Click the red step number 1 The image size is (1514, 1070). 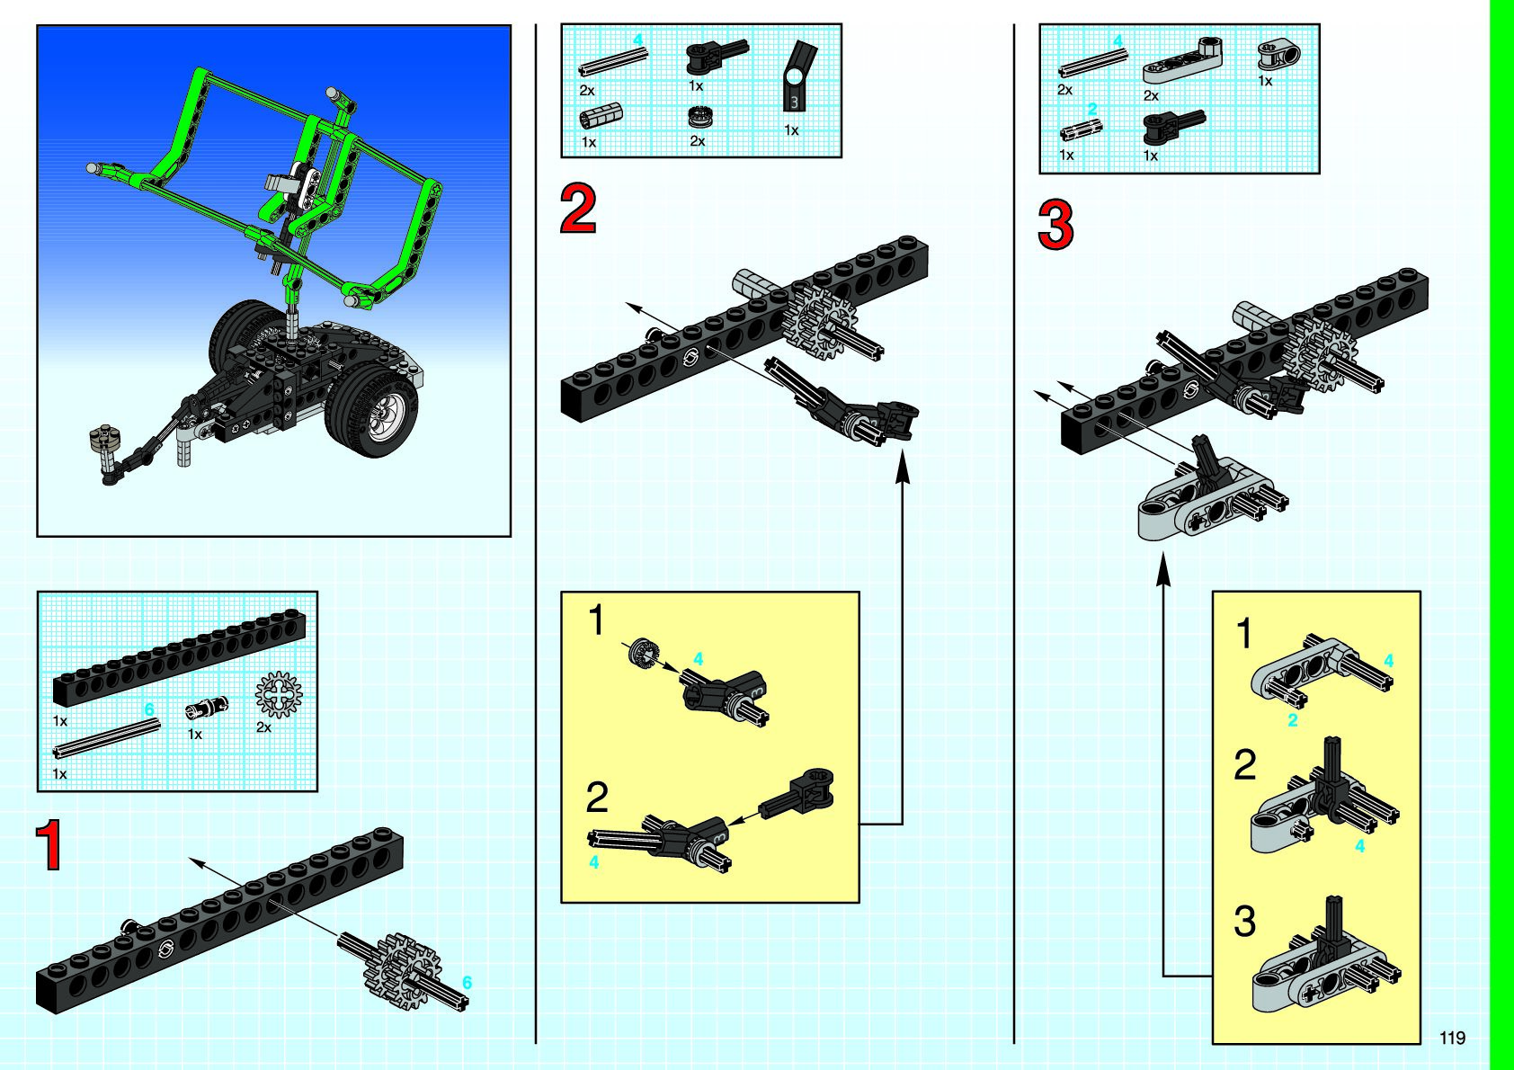pos(49,845)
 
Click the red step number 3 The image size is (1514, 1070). pos(1055,225)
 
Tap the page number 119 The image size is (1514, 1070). pos(1452,1038)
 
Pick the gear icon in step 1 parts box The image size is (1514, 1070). pos(279,695)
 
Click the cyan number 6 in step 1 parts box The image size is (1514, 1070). pos(149,709)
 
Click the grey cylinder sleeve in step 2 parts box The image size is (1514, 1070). pos(601,116)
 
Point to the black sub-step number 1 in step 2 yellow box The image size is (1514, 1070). pos(596,620)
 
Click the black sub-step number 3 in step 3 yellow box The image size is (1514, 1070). pos(1244,922)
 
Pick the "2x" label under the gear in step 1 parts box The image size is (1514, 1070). pos(263,727)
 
